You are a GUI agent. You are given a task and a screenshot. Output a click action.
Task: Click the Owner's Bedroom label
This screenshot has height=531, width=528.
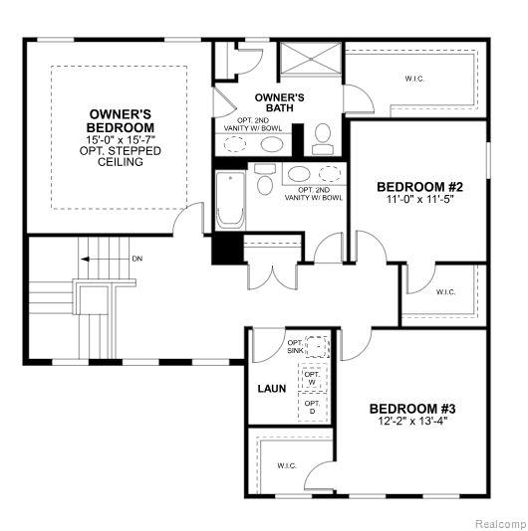(121, 121)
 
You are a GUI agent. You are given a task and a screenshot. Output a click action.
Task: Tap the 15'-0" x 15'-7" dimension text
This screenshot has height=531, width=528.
(121, 139)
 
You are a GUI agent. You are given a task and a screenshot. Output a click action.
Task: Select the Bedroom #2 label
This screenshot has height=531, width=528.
(420, 187)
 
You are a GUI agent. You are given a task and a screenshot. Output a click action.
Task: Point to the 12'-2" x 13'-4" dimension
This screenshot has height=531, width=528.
(412, 422)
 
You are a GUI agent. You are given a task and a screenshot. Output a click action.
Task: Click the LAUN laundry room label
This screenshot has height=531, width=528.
(271, 389)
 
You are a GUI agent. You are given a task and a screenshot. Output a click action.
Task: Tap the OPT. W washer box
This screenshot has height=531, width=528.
(312, 378)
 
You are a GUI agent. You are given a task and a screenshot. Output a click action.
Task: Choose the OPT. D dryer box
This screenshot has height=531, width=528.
(312, 407)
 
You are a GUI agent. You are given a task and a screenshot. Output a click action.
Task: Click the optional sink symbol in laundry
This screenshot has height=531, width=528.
(318, 346)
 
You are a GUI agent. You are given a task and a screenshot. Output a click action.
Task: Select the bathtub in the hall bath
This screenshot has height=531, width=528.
(231, 201)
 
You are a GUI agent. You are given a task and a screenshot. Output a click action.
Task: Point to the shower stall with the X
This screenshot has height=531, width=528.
(311, 58)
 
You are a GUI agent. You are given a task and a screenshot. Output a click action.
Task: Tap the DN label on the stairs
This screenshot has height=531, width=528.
(137, 259)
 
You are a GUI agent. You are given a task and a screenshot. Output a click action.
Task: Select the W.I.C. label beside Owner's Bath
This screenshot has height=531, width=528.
(414, 79)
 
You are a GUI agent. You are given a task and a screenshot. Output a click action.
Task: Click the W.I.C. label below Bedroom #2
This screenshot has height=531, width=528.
(445, 291)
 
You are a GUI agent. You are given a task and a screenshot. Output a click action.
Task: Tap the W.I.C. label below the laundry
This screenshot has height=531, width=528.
(287, 465)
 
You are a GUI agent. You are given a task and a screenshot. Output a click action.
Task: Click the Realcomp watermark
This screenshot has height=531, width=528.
(500, 524)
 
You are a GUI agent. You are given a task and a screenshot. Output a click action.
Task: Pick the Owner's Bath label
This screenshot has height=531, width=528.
(280, 102)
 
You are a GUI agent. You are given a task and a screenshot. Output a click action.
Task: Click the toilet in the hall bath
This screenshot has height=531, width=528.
(265, 179)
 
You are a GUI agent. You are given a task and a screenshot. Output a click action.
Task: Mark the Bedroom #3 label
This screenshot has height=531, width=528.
(412, 409)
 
